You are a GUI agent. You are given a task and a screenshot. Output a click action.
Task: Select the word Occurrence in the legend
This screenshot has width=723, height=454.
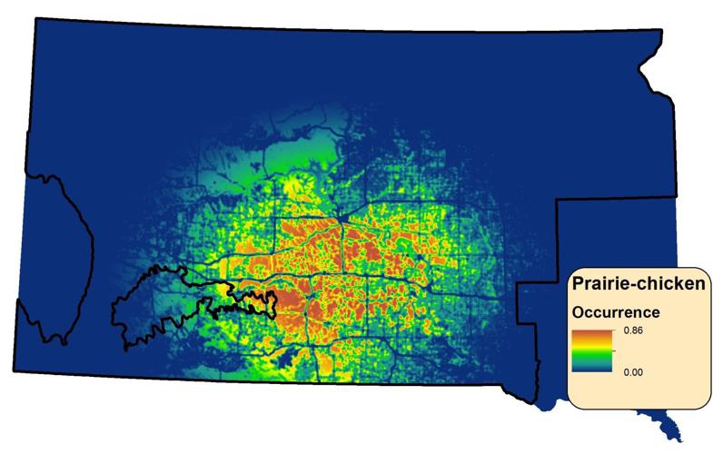point(615,312)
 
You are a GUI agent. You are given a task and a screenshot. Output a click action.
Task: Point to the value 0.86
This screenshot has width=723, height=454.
point(632,331)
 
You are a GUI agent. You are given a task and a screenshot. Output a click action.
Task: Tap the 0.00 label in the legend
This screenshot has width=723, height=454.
point(632,371)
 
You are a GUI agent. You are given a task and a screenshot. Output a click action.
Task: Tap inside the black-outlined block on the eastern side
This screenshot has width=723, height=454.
point(618,236)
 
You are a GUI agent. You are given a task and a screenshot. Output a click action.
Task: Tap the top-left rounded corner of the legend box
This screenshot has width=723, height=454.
point(572,272)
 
